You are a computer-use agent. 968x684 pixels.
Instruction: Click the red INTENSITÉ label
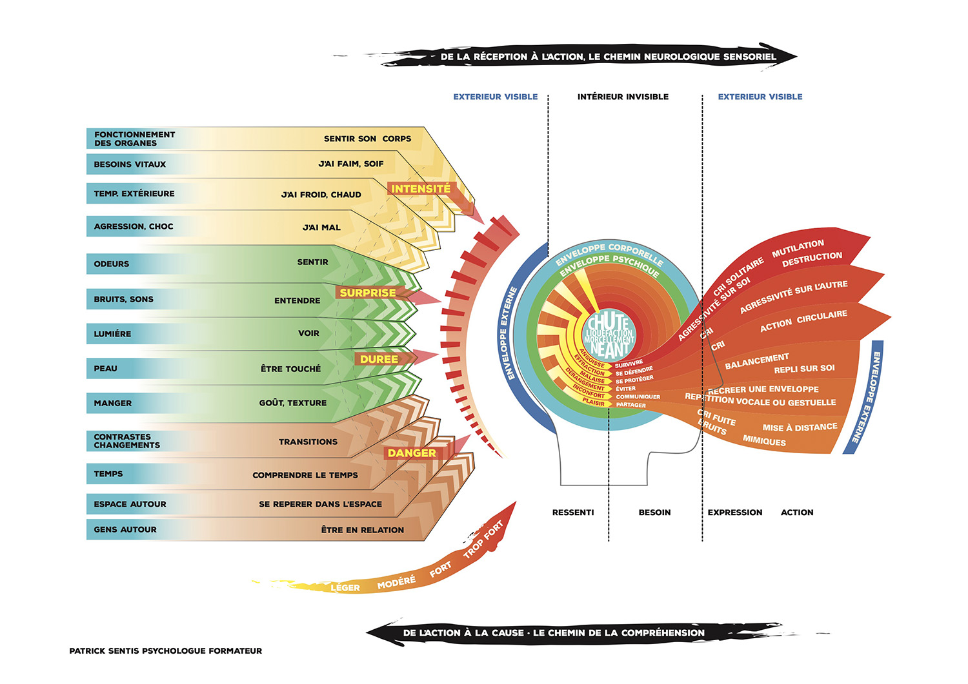point(421,189)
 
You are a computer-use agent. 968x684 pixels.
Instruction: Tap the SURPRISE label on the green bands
point(368,293)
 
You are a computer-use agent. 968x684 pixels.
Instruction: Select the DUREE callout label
point(379,359)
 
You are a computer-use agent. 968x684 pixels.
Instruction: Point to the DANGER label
point(412,453)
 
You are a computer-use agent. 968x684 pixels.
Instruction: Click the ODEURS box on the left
point(112,264)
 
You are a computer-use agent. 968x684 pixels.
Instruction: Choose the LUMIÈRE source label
point(112,334)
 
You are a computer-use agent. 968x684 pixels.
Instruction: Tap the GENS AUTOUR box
point(125,529)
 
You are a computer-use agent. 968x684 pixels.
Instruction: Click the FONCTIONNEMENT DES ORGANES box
point(134,139)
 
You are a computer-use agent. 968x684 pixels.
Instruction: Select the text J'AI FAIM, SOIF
point(351,164)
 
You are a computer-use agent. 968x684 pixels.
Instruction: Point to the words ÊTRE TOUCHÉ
point(290,369)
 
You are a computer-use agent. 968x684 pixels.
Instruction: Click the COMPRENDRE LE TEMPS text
point(305,475)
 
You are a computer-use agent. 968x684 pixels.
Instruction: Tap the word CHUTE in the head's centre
point(608,321)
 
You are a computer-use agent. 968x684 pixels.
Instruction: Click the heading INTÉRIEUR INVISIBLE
point(623,97)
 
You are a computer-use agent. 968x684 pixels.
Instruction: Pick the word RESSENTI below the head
point(573,513)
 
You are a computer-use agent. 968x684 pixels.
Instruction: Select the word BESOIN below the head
point(654,513)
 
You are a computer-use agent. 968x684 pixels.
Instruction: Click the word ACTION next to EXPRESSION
point(797,513)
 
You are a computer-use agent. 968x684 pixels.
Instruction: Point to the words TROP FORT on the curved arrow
point(483,540)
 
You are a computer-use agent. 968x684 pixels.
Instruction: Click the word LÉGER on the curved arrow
point(345,587)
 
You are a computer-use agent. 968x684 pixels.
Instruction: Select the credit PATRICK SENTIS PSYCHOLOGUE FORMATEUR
point(166,651)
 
